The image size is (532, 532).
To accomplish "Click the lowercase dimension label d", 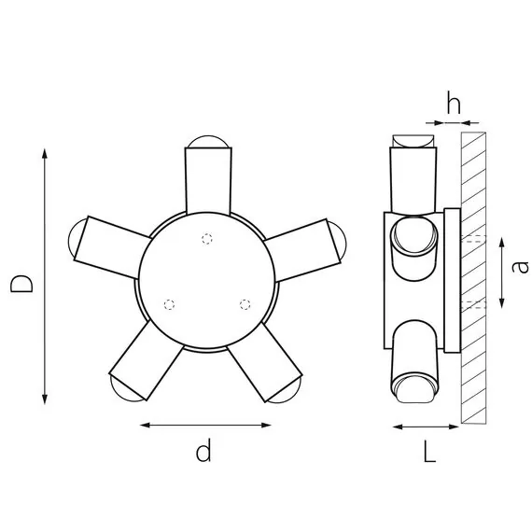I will tap(203, 453).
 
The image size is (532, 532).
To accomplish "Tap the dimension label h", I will tap(453, 104).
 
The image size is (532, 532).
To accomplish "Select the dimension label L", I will tap(428, 453).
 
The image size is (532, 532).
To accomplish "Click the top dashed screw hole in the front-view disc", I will tap(207, 237).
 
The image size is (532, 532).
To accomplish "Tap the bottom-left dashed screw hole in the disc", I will tap(169, 304).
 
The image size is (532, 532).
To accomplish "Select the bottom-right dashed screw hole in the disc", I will tap(245, 303).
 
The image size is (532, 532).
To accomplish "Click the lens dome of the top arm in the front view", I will tap(207, 142).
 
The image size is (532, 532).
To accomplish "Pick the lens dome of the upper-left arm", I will tap(73, 239).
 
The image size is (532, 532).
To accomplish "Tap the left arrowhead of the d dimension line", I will tap(144, 427).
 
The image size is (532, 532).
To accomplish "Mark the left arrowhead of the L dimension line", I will tap(396, 427).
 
